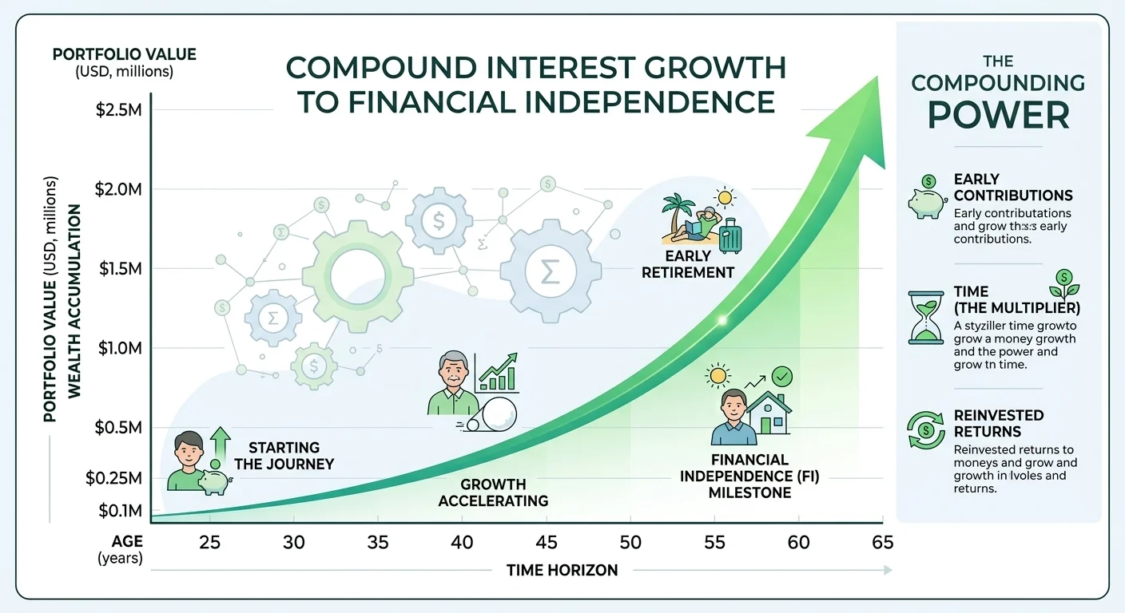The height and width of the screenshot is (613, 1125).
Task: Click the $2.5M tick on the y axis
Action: pyautogui.click(x=119, y=110)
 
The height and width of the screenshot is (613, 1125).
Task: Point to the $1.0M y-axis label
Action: pyautogui.click(x=119, y=348)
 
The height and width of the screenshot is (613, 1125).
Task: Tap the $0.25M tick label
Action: pyautogui.click(x=113, y=478)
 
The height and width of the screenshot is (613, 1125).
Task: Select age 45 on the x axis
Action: pyautogui.click(x=546, y=543)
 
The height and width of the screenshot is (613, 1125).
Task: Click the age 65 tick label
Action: pyautogui.click(x=882, y=543)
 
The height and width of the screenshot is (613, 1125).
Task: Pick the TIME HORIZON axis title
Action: pyautogui.click(x=562, y=570)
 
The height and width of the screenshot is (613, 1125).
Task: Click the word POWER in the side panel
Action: pyautogui.click(x=999, y=116)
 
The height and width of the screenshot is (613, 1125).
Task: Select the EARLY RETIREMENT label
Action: pyautogui.click(x=699, y=265)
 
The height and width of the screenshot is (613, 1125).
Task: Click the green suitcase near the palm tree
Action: pyautogui.click(x=730, y=237)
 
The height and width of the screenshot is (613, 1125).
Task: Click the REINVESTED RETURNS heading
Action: pyautogui.click(x=999, y=423)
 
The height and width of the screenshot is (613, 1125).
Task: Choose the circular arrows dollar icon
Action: pyautogui.click(x=926, y=429)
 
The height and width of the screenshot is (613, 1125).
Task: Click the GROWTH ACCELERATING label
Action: pyautogui.click(x=493, y=492)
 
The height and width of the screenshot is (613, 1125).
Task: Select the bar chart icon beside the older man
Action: pyautogui.click(x=496, y=373)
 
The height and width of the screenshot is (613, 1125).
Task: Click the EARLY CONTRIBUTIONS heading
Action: pyautogui.click(x=1012, y=187)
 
